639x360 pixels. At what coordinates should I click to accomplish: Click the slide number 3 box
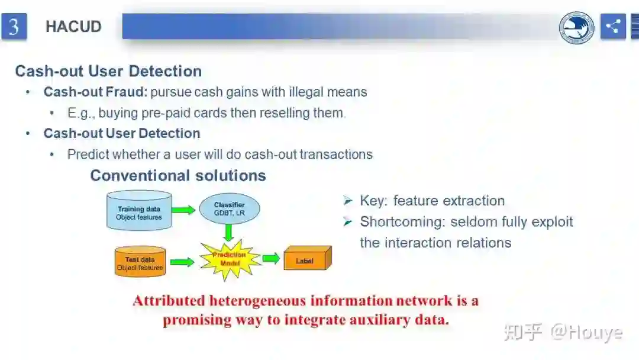[14, 27]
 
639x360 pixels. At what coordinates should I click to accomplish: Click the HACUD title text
[73, 27]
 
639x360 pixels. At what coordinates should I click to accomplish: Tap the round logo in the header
[576, 27]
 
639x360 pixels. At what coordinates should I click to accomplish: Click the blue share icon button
[613, 27]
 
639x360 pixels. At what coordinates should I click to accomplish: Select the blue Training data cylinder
[139, 210]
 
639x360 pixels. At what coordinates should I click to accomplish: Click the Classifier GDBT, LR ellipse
[230, 208]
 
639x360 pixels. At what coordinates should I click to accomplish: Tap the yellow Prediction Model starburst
[231, 259]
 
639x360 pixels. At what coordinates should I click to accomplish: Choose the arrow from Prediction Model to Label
[271, 258]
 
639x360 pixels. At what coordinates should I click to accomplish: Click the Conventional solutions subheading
[177, 176]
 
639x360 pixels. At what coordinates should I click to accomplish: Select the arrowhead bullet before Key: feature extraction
[348, 201]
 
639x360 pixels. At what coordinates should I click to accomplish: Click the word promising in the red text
[197, 320]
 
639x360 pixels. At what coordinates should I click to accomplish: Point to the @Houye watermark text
[586, 332]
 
